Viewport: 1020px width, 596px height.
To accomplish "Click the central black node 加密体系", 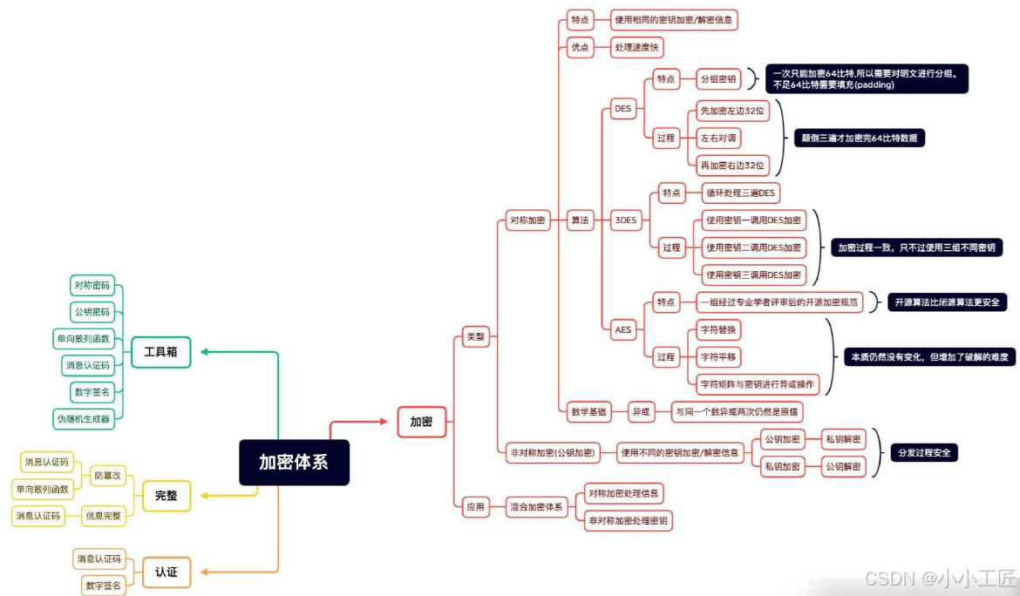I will click(294, 462).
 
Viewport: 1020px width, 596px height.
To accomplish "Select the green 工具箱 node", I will click(160, 351).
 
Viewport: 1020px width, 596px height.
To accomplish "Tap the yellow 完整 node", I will click(166, 495).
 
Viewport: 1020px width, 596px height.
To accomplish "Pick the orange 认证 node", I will click(166, 572).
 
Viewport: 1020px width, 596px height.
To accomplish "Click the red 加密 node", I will click(421, 422).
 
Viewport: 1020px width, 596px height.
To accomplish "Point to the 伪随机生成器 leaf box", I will click(84, 418).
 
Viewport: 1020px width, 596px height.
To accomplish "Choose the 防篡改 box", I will click(109, 475).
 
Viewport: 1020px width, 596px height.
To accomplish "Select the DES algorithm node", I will click(623, 109).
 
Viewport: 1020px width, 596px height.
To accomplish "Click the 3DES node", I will click(625, 220).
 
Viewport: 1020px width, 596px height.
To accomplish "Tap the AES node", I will click(623, 329).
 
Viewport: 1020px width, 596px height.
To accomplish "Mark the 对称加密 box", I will click(527, 220).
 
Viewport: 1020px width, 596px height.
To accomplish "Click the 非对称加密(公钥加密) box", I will click(553, 452).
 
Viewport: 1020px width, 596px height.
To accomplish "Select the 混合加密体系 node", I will click(537, 506).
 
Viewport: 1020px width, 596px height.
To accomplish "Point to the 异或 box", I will click(641, 412).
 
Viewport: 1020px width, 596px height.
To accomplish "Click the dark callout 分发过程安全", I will click(924, 453).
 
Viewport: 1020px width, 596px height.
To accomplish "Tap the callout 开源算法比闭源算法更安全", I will click(948, 302).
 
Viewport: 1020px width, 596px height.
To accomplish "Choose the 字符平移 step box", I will click(719, 356).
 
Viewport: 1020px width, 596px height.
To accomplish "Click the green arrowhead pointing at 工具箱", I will click(205, 351).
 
